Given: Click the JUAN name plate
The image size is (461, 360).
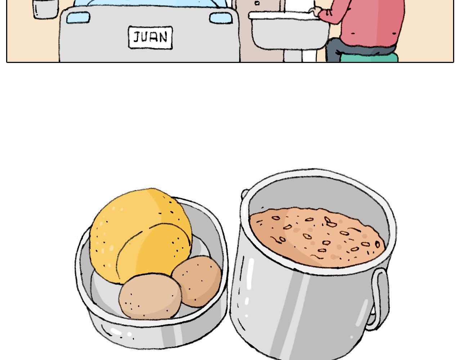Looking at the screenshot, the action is [150, 37].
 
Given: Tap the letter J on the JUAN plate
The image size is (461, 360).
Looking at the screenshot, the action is [136, 37].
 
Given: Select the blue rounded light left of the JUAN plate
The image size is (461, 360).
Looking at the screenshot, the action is [78, 17].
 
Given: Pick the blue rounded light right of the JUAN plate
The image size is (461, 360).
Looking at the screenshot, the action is [221, 18].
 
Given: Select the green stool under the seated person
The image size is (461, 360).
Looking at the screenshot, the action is [369, 58].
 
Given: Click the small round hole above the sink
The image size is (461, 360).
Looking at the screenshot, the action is [257, 3].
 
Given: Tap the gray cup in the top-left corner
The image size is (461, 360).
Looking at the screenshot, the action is [45, 9].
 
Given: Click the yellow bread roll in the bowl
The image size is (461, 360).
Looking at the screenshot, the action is [140, 235].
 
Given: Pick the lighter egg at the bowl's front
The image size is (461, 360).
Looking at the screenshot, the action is [150, 297].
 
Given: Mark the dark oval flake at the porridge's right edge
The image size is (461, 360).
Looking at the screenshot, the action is [377, 244].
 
